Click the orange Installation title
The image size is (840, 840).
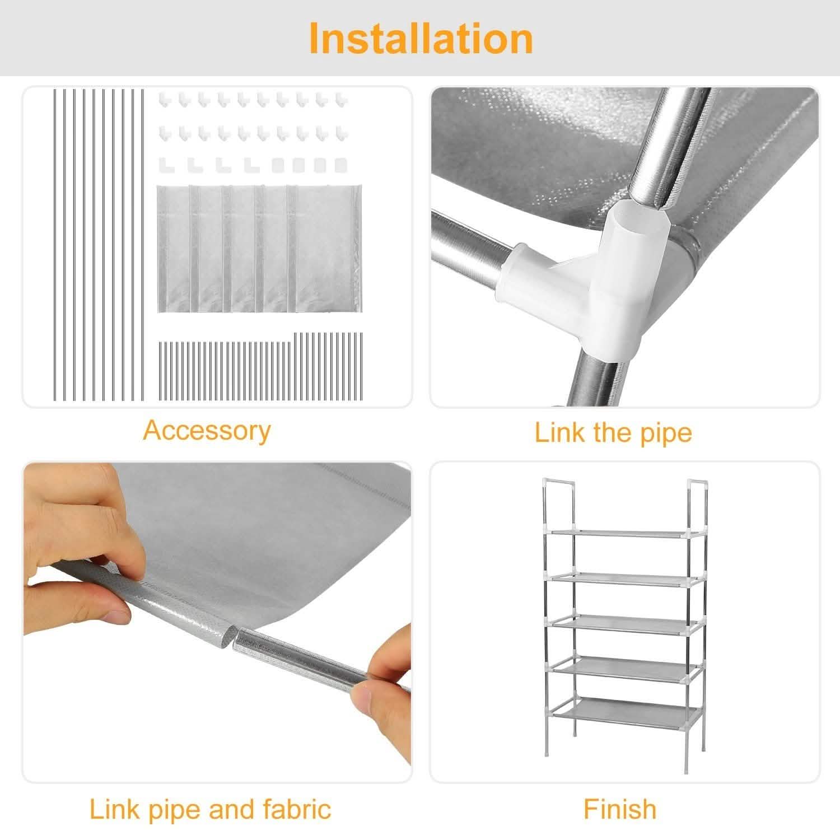coord(420,38)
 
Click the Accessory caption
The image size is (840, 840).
coord(207,431)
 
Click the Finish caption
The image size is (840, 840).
coord(619,809)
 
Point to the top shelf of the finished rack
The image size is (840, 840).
coord(620,532)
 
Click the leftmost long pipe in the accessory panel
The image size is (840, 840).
coord(55,244)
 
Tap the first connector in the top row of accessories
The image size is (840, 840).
coord(164,100)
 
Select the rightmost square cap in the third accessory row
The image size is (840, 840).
coord(340,165)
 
